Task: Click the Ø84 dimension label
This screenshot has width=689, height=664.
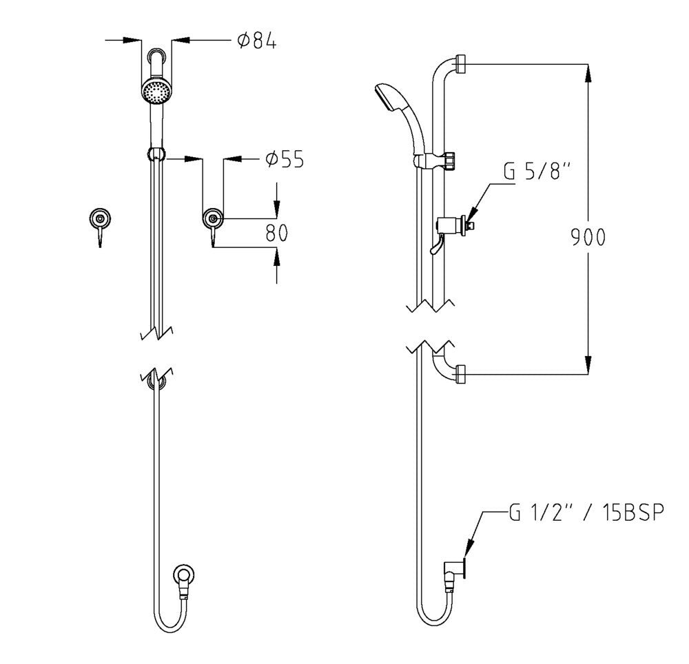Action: (256, 42)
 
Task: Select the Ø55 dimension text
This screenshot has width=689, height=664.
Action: (284, 160)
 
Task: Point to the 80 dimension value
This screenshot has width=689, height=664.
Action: (276, 234)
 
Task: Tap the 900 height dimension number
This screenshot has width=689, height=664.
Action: (588, 237)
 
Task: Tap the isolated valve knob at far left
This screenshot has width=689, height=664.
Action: (101, 219)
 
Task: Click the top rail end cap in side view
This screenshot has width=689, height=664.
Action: (461, 65)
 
